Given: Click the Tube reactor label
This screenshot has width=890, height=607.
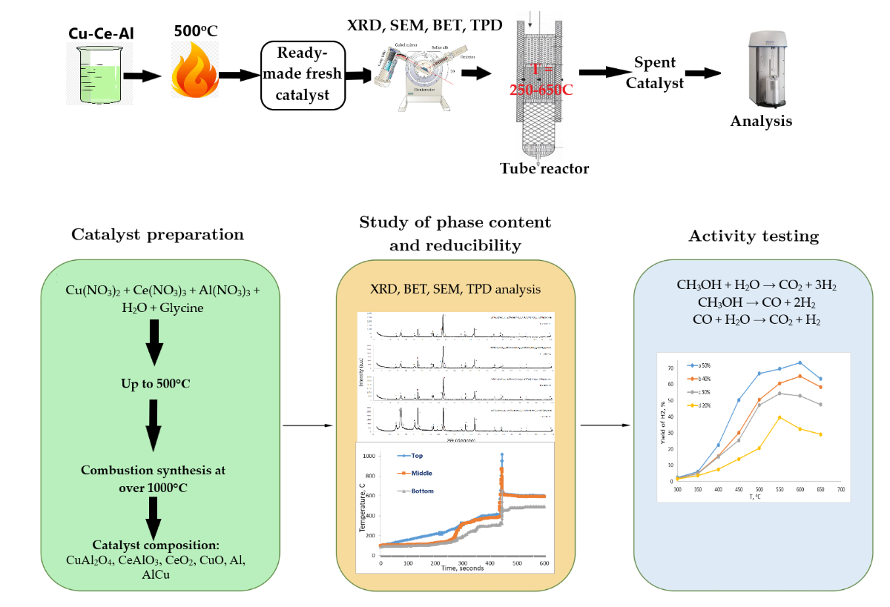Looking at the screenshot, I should (x=544, y=169).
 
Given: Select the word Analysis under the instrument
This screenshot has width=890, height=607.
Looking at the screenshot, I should (x=761, y=122).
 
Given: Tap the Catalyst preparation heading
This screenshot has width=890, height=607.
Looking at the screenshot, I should (x=157, y=235).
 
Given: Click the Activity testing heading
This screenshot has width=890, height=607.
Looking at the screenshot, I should (x=754, y=236).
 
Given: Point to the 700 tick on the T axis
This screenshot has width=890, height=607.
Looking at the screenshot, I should (x=841, y=490).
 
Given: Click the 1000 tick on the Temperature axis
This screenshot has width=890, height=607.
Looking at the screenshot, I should (x=369, y=456).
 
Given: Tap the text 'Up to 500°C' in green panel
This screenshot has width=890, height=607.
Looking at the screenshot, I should (x=156, y=385).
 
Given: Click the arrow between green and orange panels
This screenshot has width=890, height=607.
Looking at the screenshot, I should (x=306, y=426).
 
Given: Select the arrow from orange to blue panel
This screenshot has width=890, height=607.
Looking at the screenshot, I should (x=605, y=425).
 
